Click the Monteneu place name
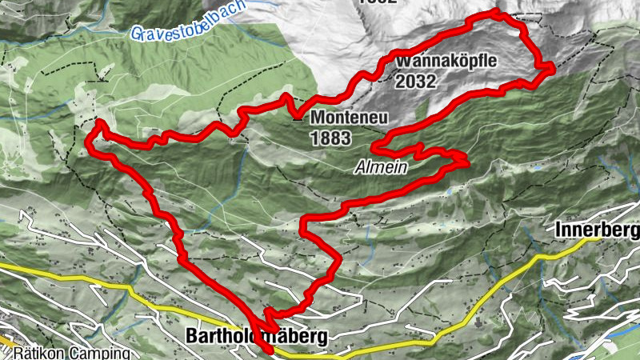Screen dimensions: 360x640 350,118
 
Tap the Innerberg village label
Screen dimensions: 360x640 597,230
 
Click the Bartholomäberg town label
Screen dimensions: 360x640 255,337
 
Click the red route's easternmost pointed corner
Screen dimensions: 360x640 553,69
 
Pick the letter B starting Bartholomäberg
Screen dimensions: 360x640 192,337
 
